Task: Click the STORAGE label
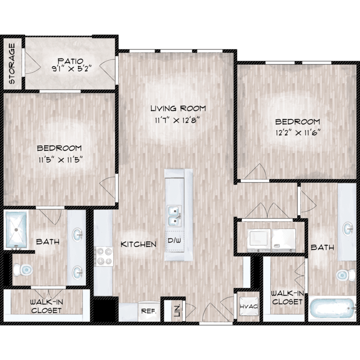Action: coord(12,63)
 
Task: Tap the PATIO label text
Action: coord(70,61)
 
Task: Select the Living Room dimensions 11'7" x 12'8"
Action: coord(176,120)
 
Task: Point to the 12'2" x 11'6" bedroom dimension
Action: coord(298,133)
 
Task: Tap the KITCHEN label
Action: coord(138,244)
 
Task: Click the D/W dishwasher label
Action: coord(175,240)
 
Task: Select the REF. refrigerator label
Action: coord(149,311)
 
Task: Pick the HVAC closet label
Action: coord(249,307)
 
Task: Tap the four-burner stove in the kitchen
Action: coord(104,256)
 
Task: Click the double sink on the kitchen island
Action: coord(174,216)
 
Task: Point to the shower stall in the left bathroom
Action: coord(16,229)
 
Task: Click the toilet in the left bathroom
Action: coord(23,270)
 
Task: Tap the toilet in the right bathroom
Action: coord(346,275)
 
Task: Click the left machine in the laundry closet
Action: coord(259,240)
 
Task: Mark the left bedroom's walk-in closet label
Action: coord(47,306)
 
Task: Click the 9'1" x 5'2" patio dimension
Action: coord(72,69)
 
